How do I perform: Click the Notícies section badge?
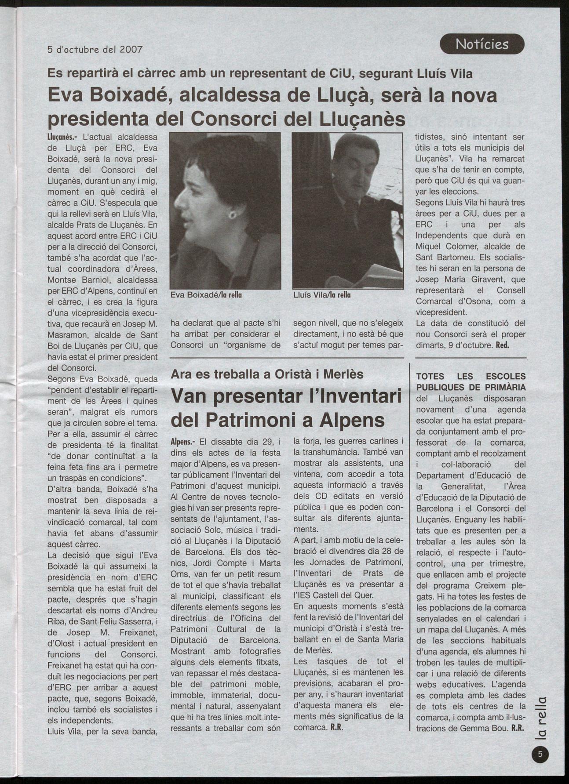(x=482, y=44)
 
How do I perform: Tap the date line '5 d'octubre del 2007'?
(x=95, y=49)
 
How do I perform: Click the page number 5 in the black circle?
(x=540, y=755)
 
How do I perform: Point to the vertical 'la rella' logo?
(x=541, y=717)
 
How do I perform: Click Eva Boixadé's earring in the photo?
(x=232, y=214)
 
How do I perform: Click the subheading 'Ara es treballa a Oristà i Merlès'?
(x=267, y=374)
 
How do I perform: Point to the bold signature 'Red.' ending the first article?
(x=502, y=345)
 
